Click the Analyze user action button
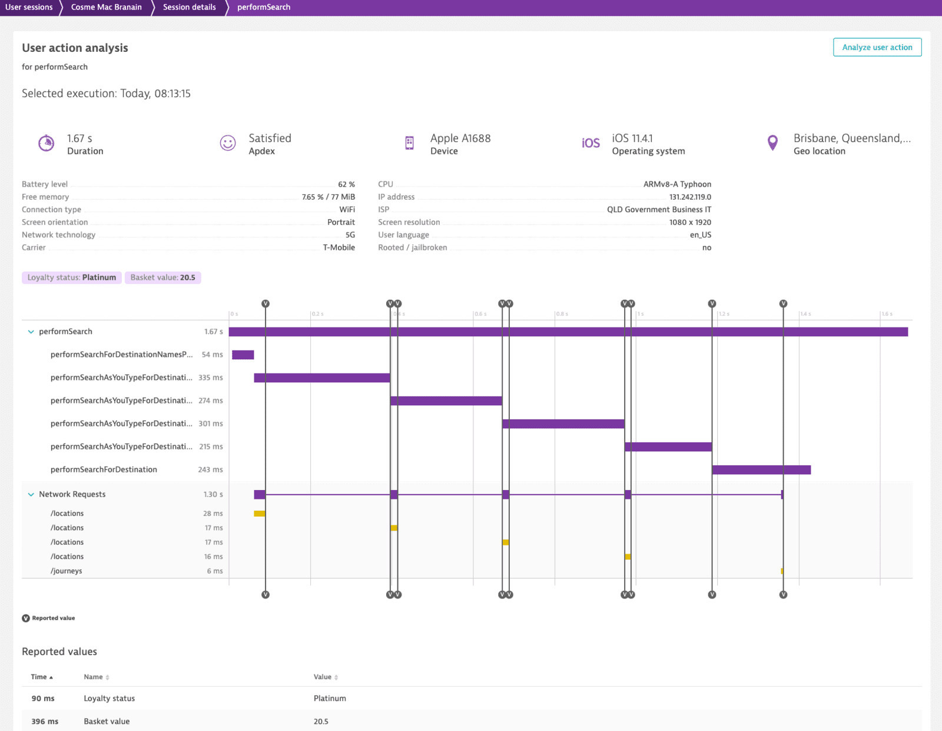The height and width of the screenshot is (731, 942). click(877, 47)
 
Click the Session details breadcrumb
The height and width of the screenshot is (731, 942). click(189, 7)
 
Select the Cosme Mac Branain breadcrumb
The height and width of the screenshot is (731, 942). click(106, 7)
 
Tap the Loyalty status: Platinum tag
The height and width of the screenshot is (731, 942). click(72, 277)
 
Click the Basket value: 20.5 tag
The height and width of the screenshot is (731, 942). click(162, 277)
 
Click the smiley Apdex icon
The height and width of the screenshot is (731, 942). click(228, 143)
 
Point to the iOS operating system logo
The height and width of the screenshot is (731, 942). click(591, 143)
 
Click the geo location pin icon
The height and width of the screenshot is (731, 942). click(772, 143)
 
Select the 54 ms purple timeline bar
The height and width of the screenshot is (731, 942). click(243, 355)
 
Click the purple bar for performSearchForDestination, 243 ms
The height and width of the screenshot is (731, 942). click(761, 470)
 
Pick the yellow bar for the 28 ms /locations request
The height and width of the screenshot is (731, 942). click(259, 514)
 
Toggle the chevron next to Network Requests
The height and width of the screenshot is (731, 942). click(31, 495)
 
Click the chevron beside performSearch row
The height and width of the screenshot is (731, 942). click(31, 332)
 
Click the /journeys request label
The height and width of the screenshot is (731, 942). click(67, 571)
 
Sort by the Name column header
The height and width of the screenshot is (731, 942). click(93, 677)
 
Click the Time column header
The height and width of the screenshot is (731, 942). click(39, 677)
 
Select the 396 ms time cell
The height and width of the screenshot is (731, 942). click(45, 721)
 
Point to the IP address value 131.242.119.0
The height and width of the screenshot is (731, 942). click(690, 197)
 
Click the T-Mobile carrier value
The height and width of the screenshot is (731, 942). click(339, 247)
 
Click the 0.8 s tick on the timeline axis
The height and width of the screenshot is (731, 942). click(562, 314)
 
